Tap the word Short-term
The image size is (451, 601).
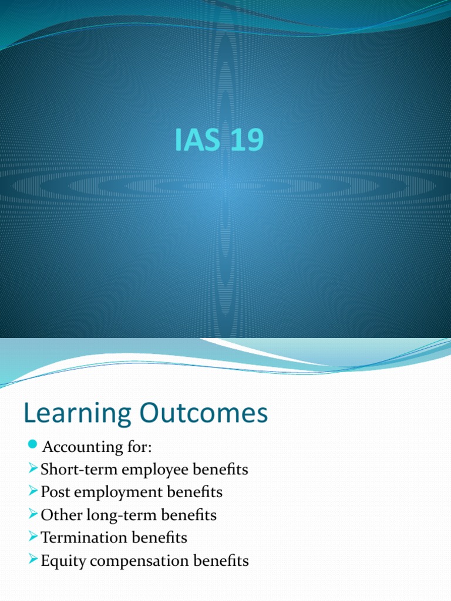(x=72, y=470)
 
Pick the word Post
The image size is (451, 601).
(x=54, y=492)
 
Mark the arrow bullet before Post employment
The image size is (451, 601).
(x=33, y=492)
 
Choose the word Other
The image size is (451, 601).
(x=58, y=515)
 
